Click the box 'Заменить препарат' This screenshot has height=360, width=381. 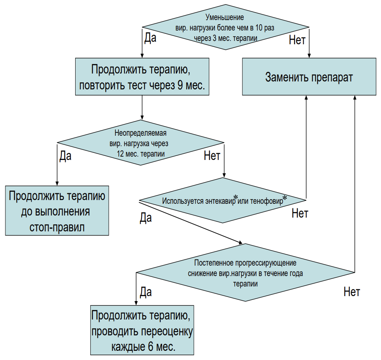309,76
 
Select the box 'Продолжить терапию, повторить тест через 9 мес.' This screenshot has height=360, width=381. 142,76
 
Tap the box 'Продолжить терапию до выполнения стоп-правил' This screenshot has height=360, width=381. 57,210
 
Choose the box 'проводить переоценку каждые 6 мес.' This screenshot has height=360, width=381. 142,330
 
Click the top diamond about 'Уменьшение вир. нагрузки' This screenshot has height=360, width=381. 226,27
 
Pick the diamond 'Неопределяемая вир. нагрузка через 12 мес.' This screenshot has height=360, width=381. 141,142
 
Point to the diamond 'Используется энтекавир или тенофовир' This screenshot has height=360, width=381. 223,200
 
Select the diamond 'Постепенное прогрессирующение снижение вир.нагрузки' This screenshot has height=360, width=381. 245,273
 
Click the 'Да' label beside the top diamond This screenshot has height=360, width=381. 150,38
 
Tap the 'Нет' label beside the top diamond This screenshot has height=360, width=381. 297,40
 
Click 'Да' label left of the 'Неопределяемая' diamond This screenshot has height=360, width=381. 65,155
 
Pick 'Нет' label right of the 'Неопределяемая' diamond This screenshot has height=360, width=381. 212,155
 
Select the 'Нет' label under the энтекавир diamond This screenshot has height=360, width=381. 300,213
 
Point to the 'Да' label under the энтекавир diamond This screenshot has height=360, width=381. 146,218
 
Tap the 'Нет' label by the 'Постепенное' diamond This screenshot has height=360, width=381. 352,292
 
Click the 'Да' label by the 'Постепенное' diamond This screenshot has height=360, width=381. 146,292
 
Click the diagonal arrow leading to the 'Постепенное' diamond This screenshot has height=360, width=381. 191,222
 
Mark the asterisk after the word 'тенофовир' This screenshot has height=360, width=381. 284,198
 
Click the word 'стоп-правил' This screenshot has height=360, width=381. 57,227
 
